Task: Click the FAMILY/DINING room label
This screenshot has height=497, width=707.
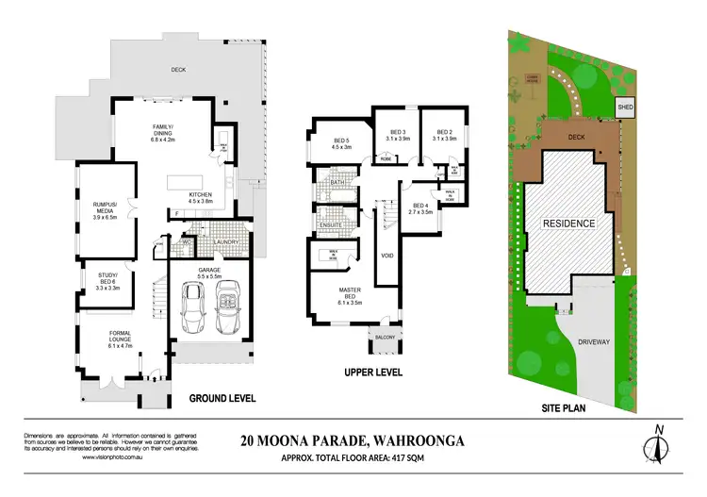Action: click(x=173, y=136)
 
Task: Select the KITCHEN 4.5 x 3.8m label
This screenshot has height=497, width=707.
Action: click(x=205, y=198)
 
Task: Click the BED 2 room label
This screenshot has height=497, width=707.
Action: click(x=443, y=135)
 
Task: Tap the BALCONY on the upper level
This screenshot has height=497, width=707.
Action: click(x=385, y=336)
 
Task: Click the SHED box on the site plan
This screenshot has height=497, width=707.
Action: click(x=625, y=109)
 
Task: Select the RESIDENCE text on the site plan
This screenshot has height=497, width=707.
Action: click(x=568, y=224)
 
